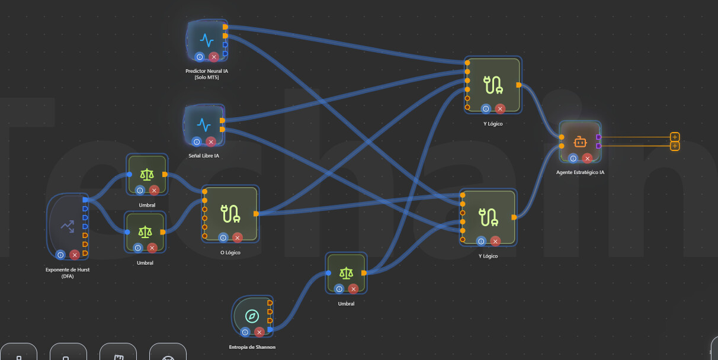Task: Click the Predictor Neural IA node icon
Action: click(x=206, y=40)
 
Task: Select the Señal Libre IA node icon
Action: click(x=204, y=125)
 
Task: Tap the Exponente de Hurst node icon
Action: click(x=67, y=225)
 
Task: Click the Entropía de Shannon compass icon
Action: click(x=252, y=316)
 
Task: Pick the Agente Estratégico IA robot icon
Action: click(x=579, y=142)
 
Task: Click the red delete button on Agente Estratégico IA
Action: click(x=587, y=158)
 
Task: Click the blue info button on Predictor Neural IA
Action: click(x=199, y=57)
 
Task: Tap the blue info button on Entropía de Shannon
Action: click(x=245, y=332)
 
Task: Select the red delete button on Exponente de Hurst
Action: click(x=75, y=255)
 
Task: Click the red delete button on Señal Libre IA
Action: click(x=211, y=142)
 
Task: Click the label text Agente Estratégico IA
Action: click(x=580, y=172)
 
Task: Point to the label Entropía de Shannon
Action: click(x=252, y=347)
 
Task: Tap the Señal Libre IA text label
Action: click(x=204, y=156)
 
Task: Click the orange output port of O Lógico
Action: click(x=256, y=213)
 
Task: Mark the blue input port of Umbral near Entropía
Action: click(x=328, y=273)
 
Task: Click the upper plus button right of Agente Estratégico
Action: click(x=675, y=137)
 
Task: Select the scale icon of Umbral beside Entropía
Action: click(x=346, y=272)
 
